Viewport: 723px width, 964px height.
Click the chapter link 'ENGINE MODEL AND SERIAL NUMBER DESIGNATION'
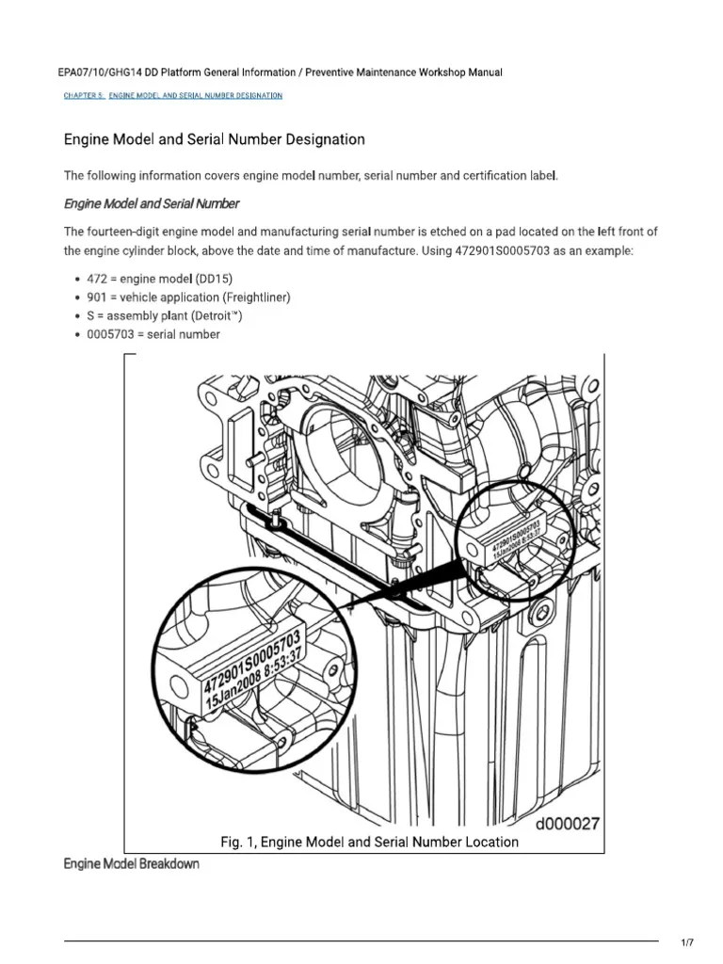click(x=195, y=96)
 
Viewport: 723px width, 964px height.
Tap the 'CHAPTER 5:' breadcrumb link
click(x=84, y=96)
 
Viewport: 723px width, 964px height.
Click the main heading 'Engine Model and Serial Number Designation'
click(x=214, y=139)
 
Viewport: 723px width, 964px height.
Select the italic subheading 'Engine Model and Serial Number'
click(x=151, y=203)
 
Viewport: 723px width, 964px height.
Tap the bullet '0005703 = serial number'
click(x=152, y=333)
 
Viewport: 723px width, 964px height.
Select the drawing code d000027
click(x=567, y=824)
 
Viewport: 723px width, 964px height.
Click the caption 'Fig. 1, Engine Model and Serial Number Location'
click(x=369, y=842)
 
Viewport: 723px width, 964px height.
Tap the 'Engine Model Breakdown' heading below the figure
click(x=131, y=863)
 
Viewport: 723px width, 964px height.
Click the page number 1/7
click(x=685, y=942)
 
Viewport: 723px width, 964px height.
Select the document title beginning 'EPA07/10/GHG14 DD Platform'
click(x=282, y=72)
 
